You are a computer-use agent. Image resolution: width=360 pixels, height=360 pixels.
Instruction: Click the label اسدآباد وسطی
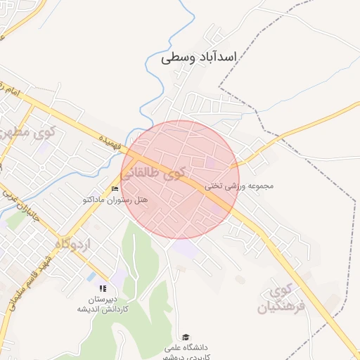tap(200, 57)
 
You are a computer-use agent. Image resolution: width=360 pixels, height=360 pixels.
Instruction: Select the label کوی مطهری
tap(20, 131)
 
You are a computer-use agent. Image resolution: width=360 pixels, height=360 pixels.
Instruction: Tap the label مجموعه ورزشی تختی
tap(238, 186)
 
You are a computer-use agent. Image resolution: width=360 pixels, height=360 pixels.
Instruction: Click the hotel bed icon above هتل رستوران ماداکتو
tap(115, 188)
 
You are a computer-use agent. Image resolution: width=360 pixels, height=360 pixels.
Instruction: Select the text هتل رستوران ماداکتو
tap(116, 200)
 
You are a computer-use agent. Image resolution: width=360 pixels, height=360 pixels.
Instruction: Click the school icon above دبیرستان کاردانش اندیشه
tap(103, 288)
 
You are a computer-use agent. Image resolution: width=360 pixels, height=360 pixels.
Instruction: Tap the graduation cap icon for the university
tap(186, 337)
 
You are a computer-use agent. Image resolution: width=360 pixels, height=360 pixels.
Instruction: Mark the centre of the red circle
tap(179, 179)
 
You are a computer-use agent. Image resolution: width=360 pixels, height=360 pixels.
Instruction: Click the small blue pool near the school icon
tap(91, 277)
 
